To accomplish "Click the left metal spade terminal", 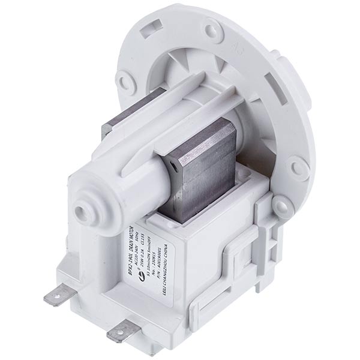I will click(x=56, y=296).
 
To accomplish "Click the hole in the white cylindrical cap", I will click(x=81, y=212).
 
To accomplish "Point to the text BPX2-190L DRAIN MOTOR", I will click(x=145, y=245).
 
